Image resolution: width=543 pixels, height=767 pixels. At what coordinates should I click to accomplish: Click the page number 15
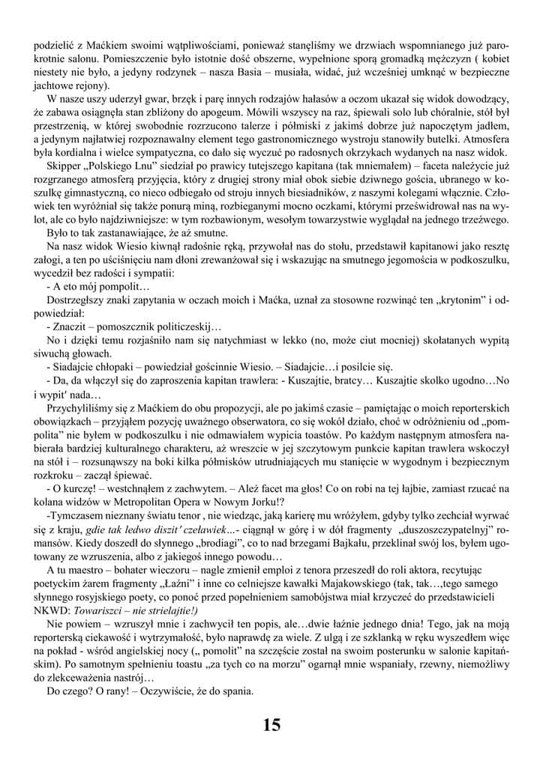tap(271, 724)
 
